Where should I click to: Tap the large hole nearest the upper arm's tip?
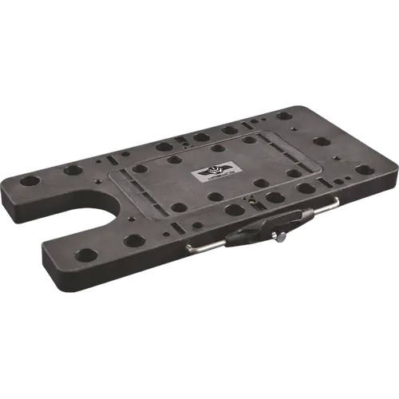click(30, 181)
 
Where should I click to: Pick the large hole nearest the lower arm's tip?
click(86, 255)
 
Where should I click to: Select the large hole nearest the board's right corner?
click(363, 169)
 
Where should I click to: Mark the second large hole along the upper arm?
click(72, 170)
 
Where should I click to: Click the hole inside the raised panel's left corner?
click(140, 168)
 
